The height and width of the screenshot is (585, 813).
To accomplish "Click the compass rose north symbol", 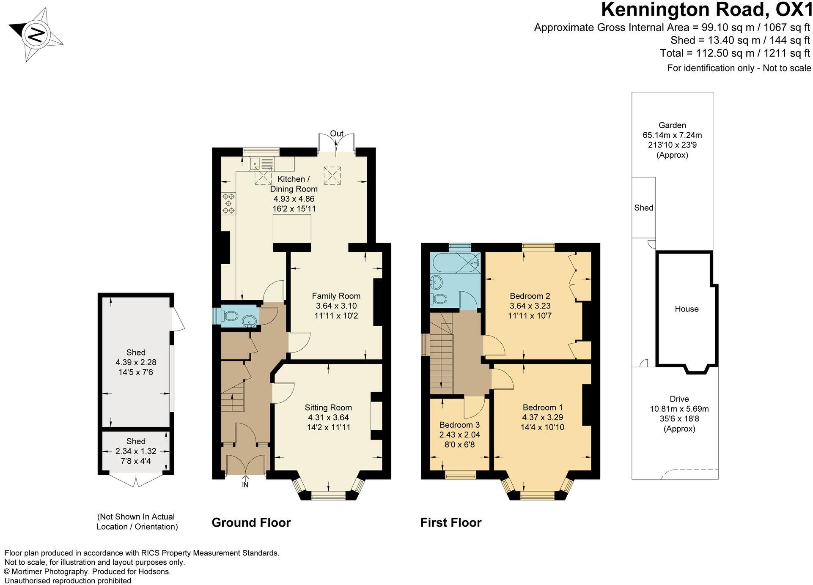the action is [36, 34].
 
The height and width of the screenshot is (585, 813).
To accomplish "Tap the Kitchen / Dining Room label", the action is [294, 184].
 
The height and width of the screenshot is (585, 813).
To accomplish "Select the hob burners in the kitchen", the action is [229, 203].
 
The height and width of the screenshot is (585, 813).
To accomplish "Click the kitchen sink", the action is [262, 163].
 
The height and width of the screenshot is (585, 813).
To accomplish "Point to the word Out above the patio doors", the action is [337, 134].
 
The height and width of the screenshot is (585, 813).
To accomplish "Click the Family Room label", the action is [336, 296].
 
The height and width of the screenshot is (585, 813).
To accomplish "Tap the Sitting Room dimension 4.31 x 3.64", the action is [328, 418].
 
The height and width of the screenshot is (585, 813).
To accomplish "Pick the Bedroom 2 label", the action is [530, 296].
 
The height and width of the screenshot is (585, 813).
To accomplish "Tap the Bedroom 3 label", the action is [459, 425].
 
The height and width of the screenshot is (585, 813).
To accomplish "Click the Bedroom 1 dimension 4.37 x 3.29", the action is [543, 417].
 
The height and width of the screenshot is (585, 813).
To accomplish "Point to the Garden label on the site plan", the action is [672, 125].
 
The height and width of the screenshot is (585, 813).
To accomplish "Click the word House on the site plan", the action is [687, 309].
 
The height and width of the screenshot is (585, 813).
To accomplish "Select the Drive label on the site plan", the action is [679, 399].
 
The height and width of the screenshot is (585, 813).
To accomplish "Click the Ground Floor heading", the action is [251, 523].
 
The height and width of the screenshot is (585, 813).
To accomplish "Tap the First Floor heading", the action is [451, 523].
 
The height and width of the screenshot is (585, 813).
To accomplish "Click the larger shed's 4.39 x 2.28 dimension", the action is [136, 363].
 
